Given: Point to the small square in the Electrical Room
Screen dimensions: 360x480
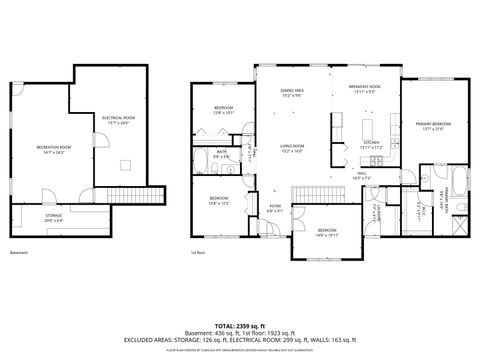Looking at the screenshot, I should (x=126, y=166).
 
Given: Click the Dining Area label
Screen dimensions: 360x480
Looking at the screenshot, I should (x=293, y=93).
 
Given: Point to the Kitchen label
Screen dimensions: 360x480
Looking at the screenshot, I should (x=372, y=143).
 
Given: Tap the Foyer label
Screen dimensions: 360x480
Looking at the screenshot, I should (x=275, y=210).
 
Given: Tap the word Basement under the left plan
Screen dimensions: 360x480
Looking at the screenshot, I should (x=19, y=253).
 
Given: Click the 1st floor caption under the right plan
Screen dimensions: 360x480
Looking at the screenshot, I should (x=199, y=253).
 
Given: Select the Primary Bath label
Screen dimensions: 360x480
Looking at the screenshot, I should (x=437, y=207).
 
